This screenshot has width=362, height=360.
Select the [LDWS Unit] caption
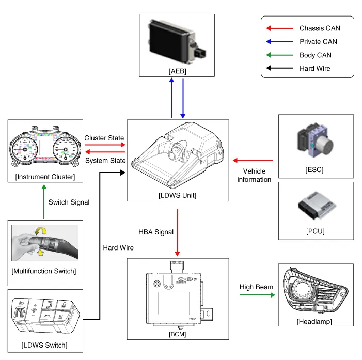tap(177, 195)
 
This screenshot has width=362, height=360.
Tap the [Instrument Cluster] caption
tap(45, 177)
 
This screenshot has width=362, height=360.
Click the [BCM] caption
tap(177, 334)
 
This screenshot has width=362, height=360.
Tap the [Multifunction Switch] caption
tap(45, 271)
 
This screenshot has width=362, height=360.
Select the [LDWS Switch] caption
tap(45, 345)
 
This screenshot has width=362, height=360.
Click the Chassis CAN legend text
tap(320, 28)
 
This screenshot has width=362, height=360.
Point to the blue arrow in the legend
tap(278, 42)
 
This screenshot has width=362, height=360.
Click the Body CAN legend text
tap(315, 55)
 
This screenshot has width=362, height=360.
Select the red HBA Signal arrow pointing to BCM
tap(177, 232)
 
